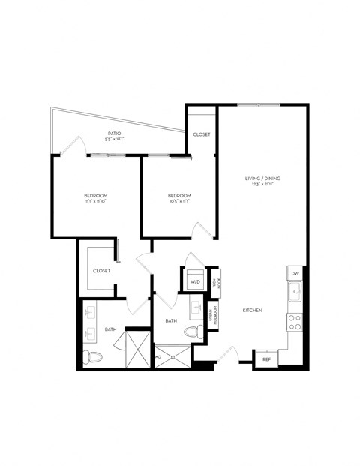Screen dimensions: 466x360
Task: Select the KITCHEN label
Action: pos(251,309)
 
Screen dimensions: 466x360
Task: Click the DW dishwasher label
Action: pos(295,273)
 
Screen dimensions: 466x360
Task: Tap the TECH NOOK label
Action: pos(214,283)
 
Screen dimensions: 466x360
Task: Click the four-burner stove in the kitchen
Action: pos(295,322)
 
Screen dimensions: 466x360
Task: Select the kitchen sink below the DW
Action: pos(295,291)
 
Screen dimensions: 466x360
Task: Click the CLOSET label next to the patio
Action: pos(201,134)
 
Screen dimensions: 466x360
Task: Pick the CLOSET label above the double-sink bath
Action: pos(102,270)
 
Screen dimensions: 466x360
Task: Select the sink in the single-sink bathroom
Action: pos(196,308)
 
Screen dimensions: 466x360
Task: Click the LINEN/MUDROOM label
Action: pos(214,314)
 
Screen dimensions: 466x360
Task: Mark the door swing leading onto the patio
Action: pos(73,144)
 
